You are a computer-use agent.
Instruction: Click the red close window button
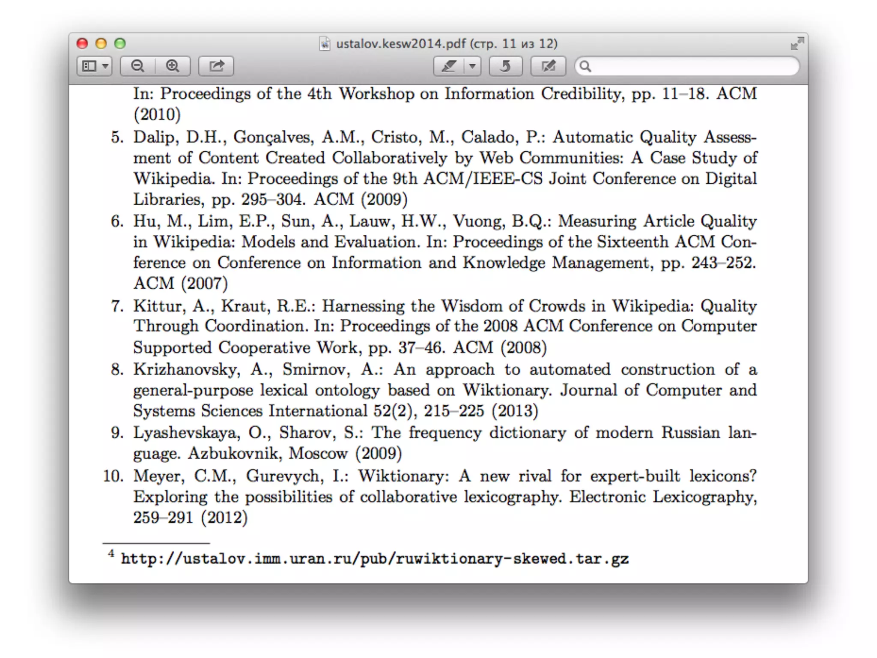tap(82, 44)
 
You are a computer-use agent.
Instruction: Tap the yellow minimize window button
tap(101, 44)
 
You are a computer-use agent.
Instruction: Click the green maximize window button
tap(120, 44)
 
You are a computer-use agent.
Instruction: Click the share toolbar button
tap(216, 66)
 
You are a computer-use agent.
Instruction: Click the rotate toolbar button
tap(505, 66)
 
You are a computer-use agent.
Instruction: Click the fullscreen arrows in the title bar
tap(796, 43)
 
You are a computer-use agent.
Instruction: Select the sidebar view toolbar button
tap(95, 66)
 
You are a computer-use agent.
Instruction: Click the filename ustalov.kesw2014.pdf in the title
tap(400, 44)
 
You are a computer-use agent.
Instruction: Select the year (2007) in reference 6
tap(204, 284)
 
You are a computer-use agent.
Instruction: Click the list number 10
tap(113, 476)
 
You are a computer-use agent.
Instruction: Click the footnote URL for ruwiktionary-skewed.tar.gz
tap(375, 559)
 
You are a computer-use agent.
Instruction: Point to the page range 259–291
tap(163, 517)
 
